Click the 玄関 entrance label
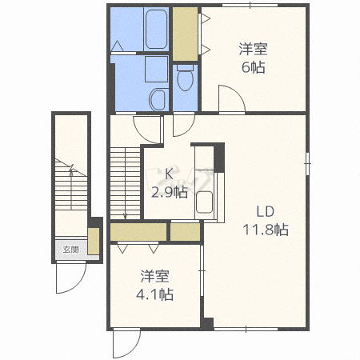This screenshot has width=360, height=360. point(70,250)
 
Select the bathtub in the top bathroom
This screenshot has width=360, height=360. point(156,30)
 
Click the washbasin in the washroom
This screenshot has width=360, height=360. point(158,99)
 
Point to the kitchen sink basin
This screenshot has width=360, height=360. point(204,202)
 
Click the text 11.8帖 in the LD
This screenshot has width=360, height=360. point(266,230)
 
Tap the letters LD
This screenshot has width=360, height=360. point(266,211)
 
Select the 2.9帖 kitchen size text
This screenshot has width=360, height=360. point(170,192)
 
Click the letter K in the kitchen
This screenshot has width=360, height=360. point(169,174)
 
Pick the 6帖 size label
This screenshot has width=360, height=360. point(254,67)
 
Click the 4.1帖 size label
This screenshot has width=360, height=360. point(155,294)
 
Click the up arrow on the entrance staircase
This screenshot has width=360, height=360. point(71,187)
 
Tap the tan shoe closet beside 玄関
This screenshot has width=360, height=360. point(94,241)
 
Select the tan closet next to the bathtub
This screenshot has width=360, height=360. point(185,34)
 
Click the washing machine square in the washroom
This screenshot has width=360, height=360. point(157,69)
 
